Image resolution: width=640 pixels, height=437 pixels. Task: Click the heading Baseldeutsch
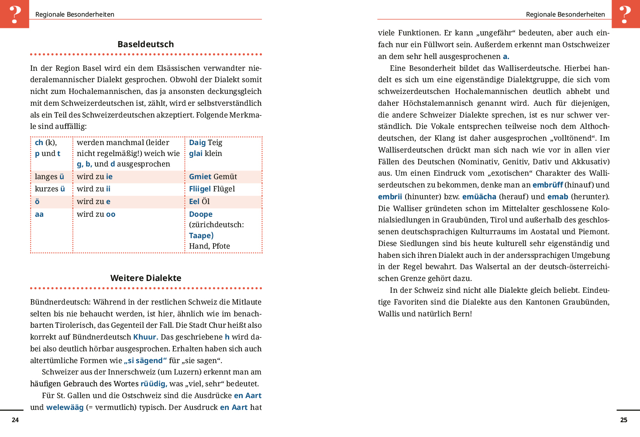point(145,44)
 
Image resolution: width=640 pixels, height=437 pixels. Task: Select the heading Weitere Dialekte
point(145,278)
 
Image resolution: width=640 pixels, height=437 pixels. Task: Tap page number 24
point(15,420)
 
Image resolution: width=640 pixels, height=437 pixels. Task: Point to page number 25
point(624,420)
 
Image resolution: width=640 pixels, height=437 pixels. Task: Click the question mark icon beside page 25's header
point(625,14)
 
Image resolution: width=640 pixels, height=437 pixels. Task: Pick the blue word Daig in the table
point(197,142)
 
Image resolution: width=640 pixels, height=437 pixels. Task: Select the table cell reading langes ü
point(49,177)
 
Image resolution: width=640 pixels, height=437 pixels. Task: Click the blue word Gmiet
point(200,177)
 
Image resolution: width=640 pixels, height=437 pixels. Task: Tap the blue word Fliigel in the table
point(200,189)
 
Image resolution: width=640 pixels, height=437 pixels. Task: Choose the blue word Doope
point(201,214)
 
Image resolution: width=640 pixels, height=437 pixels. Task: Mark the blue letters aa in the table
point(39,214)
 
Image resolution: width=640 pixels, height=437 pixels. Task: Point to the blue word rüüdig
point(154,384)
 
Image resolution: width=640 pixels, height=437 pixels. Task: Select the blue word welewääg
point(65,407)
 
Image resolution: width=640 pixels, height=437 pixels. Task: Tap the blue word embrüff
point(547,185)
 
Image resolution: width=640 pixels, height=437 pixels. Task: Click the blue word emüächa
point(479,197)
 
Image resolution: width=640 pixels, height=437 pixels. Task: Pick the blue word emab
point(558,197)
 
